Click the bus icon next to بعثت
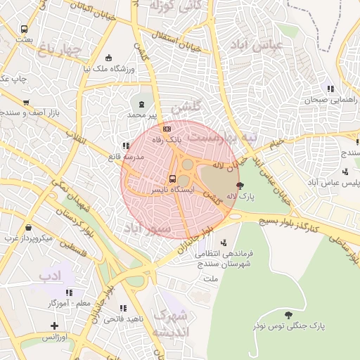(25, 30)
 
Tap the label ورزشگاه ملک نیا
(108, 69)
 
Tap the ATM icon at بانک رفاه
(167, 129)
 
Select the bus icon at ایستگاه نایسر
(173, 179)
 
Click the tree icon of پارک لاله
(241, 186)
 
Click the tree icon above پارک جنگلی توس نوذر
(288, 314)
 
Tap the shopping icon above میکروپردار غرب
(28, 228)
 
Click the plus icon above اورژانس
(55, 326)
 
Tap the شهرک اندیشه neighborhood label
(169, 322)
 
